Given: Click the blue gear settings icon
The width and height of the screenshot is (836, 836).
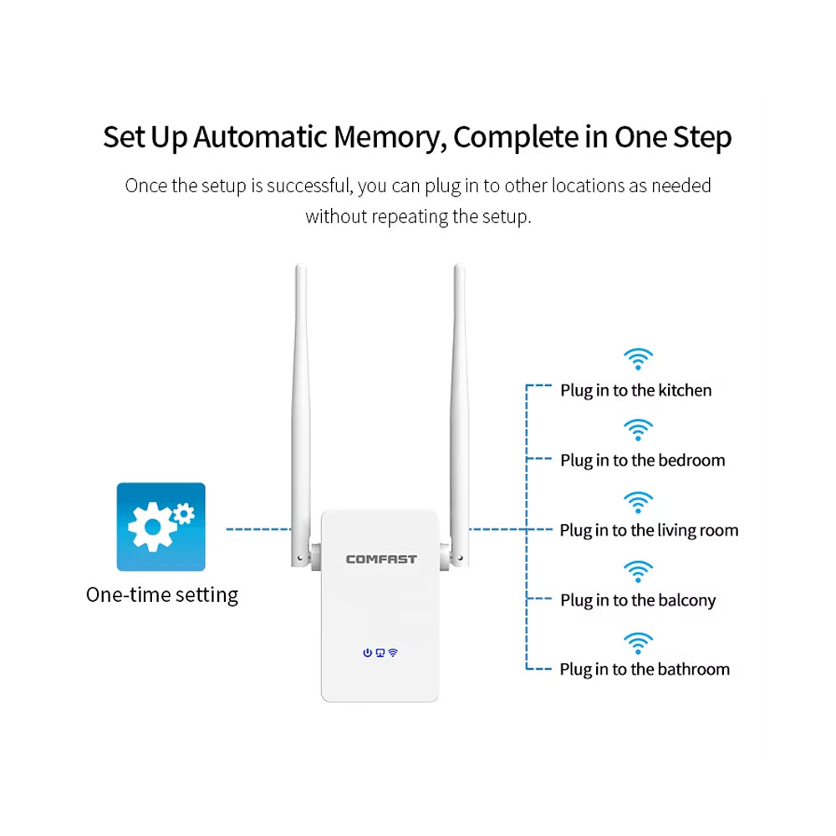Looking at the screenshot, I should tap(161, 527).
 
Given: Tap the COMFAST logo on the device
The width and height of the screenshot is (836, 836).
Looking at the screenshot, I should tap(380, 559).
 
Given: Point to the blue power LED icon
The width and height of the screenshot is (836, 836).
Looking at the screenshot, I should tap(367, 653).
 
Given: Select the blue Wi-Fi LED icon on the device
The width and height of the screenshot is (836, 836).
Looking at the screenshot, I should tap(393, 653).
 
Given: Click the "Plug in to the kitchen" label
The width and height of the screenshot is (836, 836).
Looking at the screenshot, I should tap(635, 390).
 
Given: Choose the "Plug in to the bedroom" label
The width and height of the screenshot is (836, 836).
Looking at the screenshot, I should tap(642, 461).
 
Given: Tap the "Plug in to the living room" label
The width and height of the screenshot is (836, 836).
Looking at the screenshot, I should tap(649, 530).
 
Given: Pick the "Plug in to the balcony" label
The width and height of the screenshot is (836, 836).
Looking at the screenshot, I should tap(638, 600).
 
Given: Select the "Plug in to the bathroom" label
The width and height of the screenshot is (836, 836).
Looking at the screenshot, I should tap(645, 670).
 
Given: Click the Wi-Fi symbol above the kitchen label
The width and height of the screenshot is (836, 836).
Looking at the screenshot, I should tap(638, 360).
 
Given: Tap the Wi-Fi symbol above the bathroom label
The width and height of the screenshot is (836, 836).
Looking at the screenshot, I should tap(638, 643).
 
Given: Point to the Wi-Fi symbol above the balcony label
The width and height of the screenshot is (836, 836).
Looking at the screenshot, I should tap(638, 573).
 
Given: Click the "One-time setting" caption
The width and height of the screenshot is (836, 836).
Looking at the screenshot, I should tap(162, 595).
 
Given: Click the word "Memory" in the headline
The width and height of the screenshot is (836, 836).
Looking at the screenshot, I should tap(385, 137).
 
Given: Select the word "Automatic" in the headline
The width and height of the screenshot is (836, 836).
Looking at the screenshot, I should tap(261, 137).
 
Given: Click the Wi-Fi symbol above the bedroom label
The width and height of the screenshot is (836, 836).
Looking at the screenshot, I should tap(638, 431).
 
